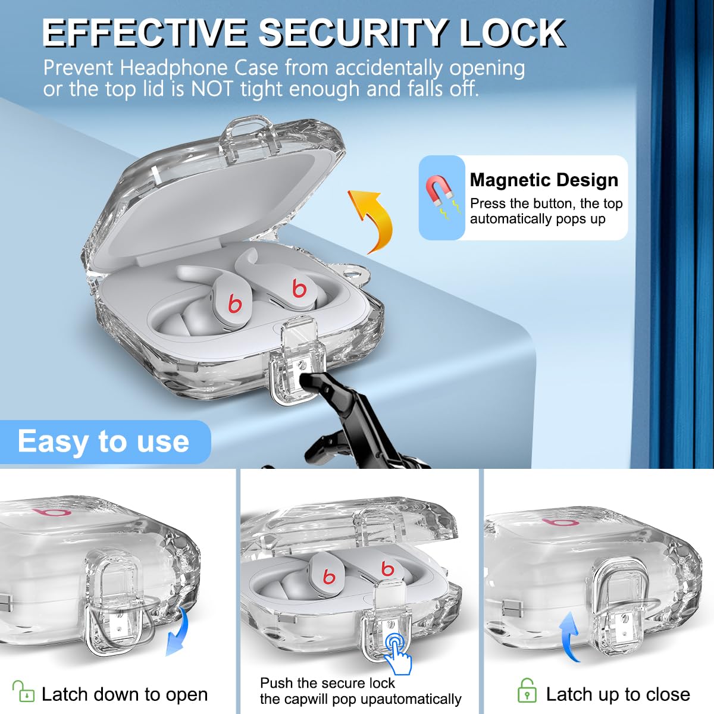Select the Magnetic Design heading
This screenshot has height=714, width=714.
[x=544, y=180]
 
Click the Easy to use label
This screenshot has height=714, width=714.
[x=104, y=441]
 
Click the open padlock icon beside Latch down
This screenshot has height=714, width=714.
[x=23, y=691]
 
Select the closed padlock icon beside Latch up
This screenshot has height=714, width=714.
[x=527, y=690]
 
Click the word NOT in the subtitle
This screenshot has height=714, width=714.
[x=212, y=89]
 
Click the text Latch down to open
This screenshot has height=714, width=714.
[x=124, y=694]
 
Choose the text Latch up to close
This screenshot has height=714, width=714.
[x=618, y=694]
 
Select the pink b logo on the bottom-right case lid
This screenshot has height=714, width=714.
[x=560, y=522]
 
